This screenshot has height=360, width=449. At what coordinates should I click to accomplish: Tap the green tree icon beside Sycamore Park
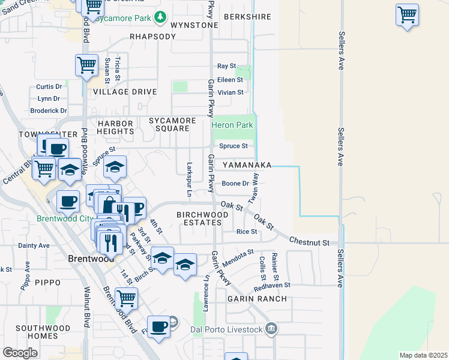point(160,17)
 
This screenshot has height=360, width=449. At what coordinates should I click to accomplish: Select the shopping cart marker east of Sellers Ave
point(407,14)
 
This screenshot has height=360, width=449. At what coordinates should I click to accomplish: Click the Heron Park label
point(232,125)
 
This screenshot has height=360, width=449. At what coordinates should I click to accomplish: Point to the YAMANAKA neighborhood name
point(247,165)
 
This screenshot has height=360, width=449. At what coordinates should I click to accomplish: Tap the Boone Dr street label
point(235,184)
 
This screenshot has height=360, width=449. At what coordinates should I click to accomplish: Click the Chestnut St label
point(310,242)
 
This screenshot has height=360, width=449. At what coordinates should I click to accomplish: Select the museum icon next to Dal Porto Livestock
point(271,329)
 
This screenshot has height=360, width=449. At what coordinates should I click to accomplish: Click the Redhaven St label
point(272,286)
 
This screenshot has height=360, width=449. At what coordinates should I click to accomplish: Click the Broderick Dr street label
point(49,110)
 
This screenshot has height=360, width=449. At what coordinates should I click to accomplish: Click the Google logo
point(20,353)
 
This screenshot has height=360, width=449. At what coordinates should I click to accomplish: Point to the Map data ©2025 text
point(423,355)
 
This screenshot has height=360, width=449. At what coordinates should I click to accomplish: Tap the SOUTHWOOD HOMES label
point(37,332)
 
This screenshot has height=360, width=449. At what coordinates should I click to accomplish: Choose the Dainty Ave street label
point(34,245)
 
